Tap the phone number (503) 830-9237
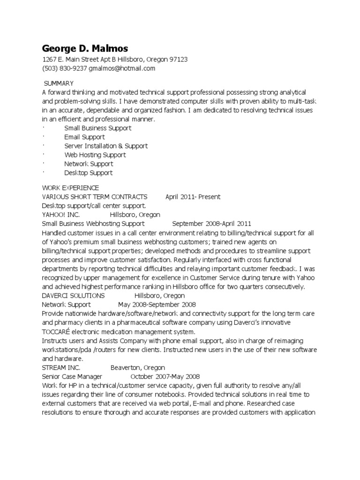[x=64, y=68]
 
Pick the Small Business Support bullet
[x=97, y=128]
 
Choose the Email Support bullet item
[x=84, y=137]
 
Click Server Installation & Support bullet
[x=106, y=146]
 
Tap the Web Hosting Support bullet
[x=95, y=155]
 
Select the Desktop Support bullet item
[x=89, y=172]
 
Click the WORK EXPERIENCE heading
[x=70, y=188]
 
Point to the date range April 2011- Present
[x=193, y=197]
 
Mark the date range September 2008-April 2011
[x=212, y=224]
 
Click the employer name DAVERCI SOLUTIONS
[x=73, y=296]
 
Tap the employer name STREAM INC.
[x=61, y=367]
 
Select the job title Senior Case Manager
[x=72, y=376]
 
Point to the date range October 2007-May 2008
[x=165, y=376]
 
